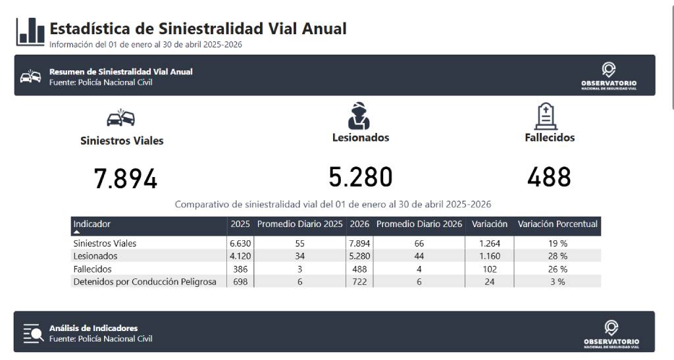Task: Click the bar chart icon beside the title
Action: tap(30, 32)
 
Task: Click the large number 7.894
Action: tap(126, 179)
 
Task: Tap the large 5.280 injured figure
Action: tap(361, 177)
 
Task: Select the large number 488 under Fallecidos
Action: tap(549, 177)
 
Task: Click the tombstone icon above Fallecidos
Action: tap(546, 116)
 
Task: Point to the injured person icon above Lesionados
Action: tap(359, 116)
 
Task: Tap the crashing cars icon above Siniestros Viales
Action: tap(121, 117)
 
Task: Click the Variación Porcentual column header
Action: tap(557, 224)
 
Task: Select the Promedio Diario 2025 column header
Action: tap(299, 224)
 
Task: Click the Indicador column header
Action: tap(92, 224)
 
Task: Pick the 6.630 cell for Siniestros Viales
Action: tap(240, 243)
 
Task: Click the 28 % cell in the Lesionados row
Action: tap(558, 256)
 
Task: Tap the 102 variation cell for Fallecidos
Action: tap(490, 269)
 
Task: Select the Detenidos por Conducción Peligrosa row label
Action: tap(145, 282)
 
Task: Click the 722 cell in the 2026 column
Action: tap(359, 282)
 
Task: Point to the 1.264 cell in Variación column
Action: tap(490, 243)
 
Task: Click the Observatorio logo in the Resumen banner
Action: tap(609, 76)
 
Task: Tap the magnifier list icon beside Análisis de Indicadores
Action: tap(33, 334)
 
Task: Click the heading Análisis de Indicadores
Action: tap(93, 328)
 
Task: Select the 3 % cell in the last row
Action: tap(558, 282)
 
